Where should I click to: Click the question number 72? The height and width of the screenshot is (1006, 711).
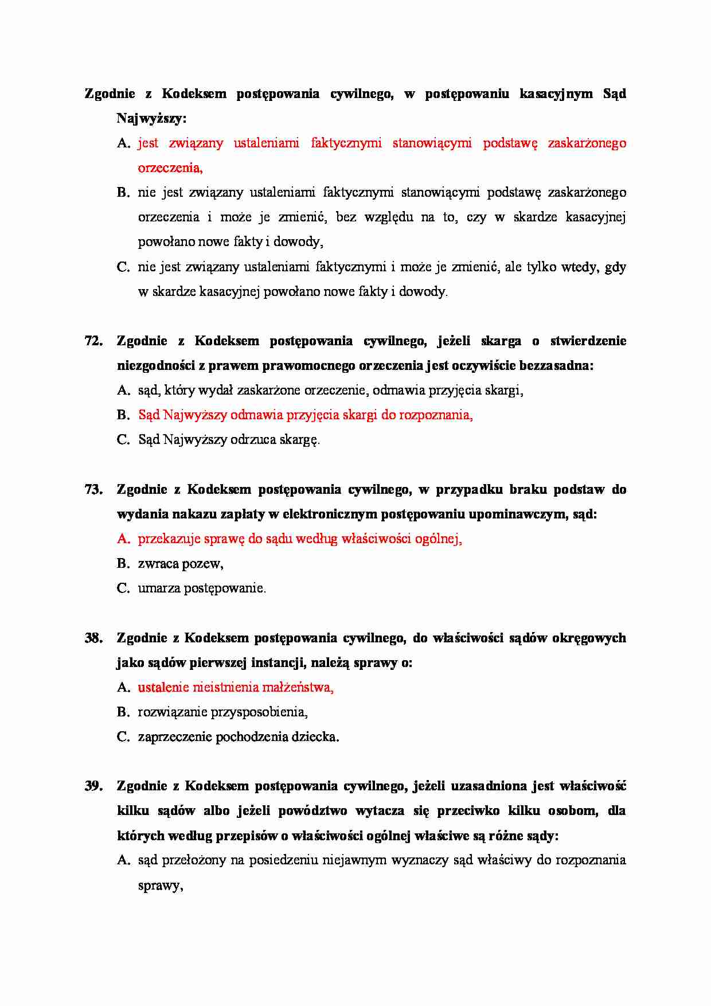(93, 341)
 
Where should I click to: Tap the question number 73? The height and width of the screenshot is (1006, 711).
(93, 490)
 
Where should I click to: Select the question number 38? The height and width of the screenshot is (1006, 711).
(93, 638)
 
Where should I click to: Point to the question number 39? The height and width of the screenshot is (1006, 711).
(93, 786)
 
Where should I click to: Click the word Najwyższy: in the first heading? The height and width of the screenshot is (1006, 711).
(152, 119)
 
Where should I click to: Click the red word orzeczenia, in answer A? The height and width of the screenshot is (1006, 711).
(170, 168)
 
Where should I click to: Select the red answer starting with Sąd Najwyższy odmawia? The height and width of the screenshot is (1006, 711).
(305, 415)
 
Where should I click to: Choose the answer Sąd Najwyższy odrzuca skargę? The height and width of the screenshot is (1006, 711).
(229, 440)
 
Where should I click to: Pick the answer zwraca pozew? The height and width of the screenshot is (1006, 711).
(181, 564)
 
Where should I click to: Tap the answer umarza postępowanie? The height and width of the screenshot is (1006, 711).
(202, 588)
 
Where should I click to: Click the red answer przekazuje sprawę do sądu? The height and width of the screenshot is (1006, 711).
(299, 539)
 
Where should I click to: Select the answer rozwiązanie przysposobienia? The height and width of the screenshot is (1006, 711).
(222, 712)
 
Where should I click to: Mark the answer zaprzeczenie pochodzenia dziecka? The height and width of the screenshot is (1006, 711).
(239, 737)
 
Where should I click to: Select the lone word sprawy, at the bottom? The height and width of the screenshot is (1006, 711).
(161, 886)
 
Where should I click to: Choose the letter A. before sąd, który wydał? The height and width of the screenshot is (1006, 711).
(123, 391)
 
